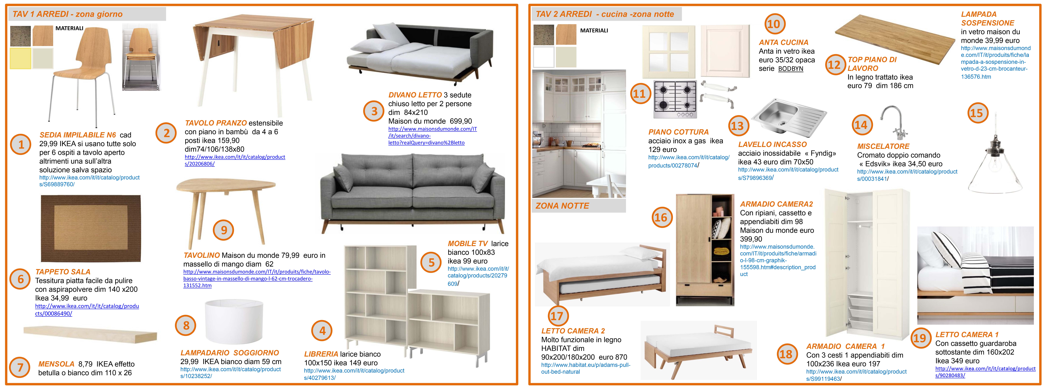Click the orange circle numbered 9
224,230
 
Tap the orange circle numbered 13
737,126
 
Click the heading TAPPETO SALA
63,272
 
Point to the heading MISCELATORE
883,146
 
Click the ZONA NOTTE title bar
579,206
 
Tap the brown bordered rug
91,228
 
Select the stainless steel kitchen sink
789,117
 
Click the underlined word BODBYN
791,69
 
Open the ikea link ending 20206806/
235,160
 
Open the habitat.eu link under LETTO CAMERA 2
585,368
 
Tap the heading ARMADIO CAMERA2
776,204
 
